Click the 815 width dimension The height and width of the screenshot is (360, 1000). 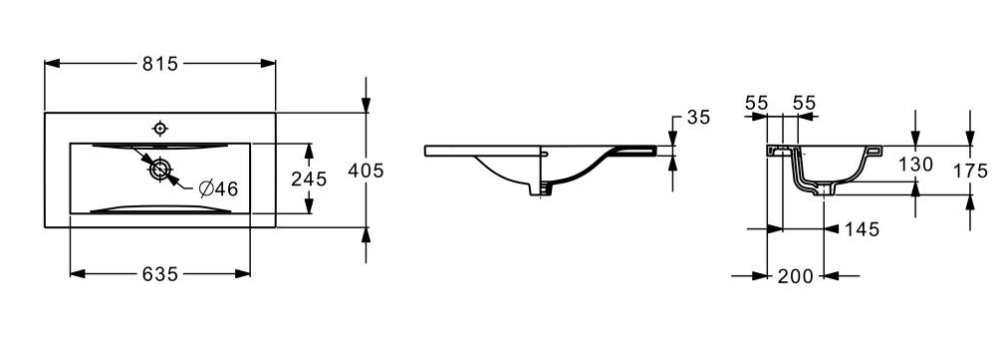pos(159,64)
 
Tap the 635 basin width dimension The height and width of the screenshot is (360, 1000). pos(159,274)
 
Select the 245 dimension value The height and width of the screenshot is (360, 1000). pos(309,179)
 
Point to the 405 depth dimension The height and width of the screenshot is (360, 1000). pos(366,170)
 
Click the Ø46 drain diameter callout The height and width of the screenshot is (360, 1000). pos(218,188)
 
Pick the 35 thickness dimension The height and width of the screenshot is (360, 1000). pos(698,117)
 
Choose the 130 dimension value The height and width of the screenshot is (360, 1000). pos(916,165)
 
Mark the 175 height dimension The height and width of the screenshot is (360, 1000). pos(970,170)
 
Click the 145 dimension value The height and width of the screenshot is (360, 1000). pos(862,229)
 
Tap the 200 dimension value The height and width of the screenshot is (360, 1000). pos(795,276)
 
